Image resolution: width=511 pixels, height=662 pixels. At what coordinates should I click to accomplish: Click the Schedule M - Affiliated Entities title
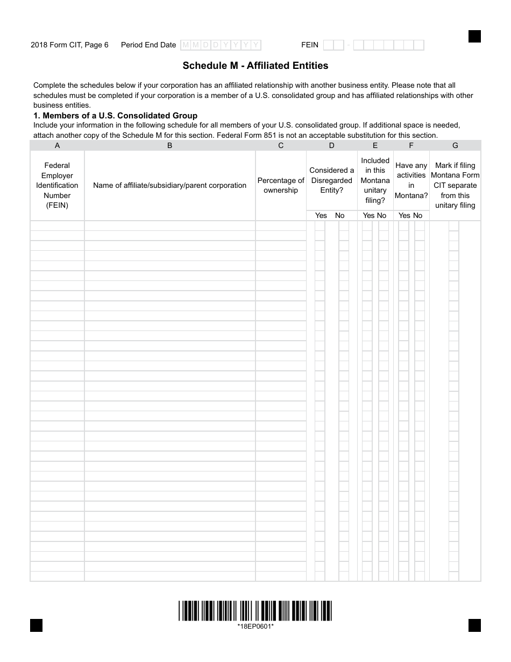(255, 66)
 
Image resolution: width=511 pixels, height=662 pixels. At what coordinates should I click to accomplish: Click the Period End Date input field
(221, 45)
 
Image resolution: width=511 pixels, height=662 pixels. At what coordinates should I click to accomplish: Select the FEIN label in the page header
(310, 45)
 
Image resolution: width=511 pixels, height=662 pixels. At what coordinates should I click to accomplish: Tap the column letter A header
(57, 145)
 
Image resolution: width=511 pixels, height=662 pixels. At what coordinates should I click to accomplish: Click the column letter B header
(169, 145)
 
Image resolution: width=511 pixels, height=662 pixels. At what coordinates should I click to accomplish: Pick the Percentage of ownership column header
(281, 185)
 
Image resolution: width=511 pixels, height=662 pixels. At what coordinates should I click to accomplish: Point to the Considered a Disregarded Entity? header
(331, 180)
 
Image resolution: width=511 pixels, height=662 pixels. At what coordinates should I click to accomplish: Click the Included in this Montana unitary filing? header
(375, 180)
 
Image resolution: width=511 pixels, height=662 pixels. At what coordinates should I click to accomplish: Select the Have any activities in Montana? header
(411, 180)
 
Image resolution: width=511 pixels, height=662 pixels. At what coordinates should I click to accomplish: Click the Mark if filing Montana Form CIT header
(455, 185)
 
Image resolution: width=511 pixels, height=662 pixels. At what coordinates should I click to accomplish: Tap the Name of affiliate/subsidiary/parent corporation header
(169, 185)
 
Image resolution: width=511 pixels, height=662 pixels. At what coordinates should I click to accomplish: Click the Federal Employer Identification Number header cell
(57, 185)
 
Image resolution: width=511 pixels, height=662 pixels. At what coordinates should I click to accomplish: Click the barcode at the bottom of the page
(255, 611)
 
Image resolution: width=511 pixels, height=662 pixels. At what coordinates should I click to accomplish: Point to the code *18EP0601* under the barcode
(256, 626)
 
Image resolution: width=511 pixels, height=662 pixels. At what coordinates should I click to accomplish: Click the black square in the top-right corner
(474, 36)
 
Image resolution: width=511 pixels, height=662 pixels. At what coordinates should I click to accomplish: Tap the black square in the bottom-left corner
(36, 625)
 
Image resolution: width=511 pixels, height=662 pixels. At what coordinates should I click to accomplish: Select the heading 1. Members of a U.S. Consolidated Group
(115, 116)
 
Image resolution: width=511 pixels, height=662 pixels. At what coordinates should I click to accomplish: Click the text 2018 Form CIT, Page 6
(69, 45)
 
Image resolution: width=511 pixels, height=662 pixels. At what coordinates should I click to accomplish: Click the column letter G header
(455, 145)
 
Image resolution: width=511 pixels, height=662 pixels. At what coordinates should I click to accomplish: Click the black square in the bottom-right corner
(474, 625)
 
